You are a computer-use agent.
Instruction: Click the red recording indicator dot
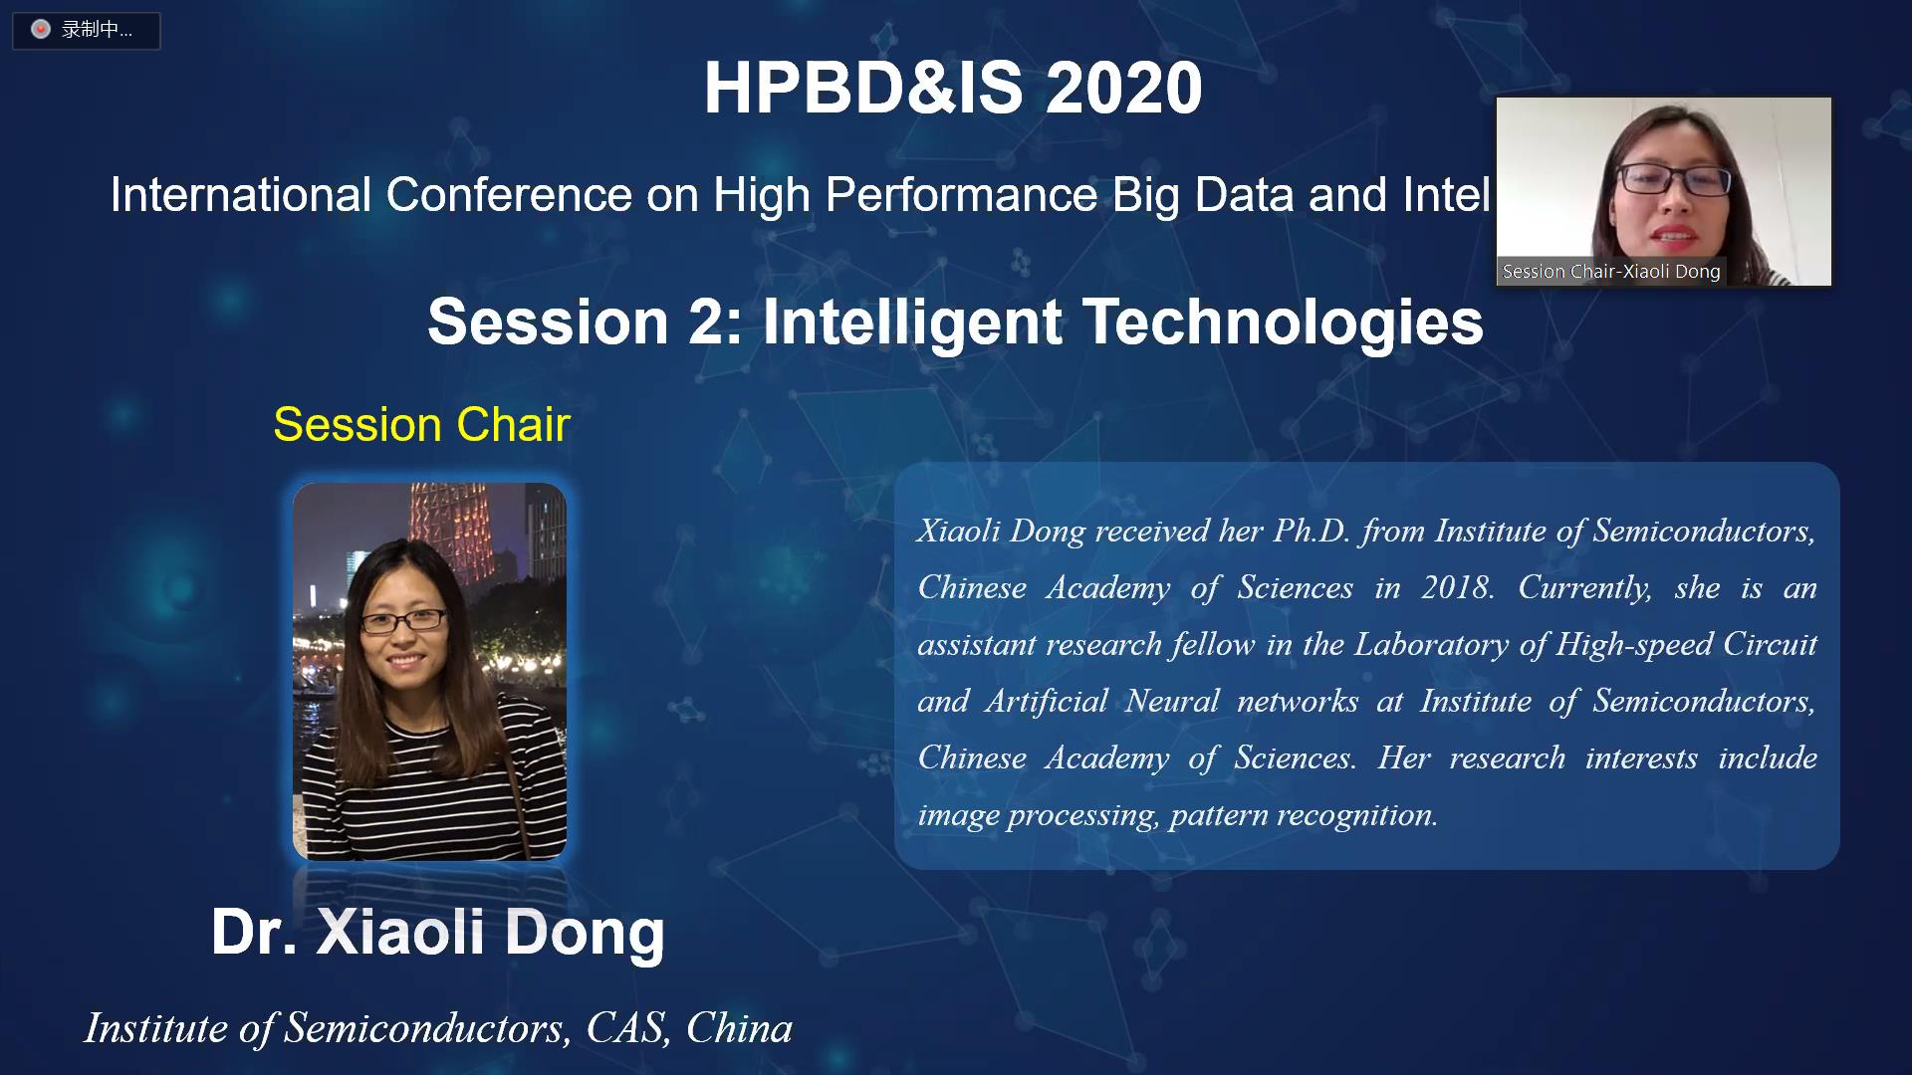coord(41,30)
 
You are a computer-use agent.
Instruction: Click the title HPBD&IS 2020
coord(953,88)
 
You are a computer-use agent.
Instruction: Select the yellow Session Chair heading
coord(421,425)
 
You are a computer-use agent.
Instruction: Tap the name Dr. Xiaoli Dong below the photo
coord(437,933)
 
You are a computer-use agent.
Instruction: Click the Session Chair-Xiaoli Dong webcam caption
coord(1611,271)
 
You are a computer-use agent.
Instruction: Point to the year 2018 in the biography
coord(1457,587)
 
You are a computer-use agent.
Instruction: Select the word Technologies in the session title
coord(1283,322)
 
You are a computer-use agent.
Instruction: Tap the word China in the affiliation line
coord(739,1028)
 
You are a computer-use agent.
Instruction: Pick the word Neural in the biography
coord(1172,701)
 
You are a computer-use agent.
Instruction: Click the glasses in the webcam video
coord(1673,180)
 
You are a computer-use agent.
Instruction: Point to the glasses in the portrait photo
coord(403,621)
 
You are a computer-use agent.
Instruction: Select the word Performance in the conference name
coord(961,194)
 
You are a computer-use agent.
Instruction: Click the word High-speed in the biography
coord(1629,645)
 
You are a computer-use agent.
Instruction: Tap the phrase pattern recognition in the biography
coord(1304,815)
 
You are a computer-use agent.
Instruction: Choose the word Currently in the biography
coord(1584,588)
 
